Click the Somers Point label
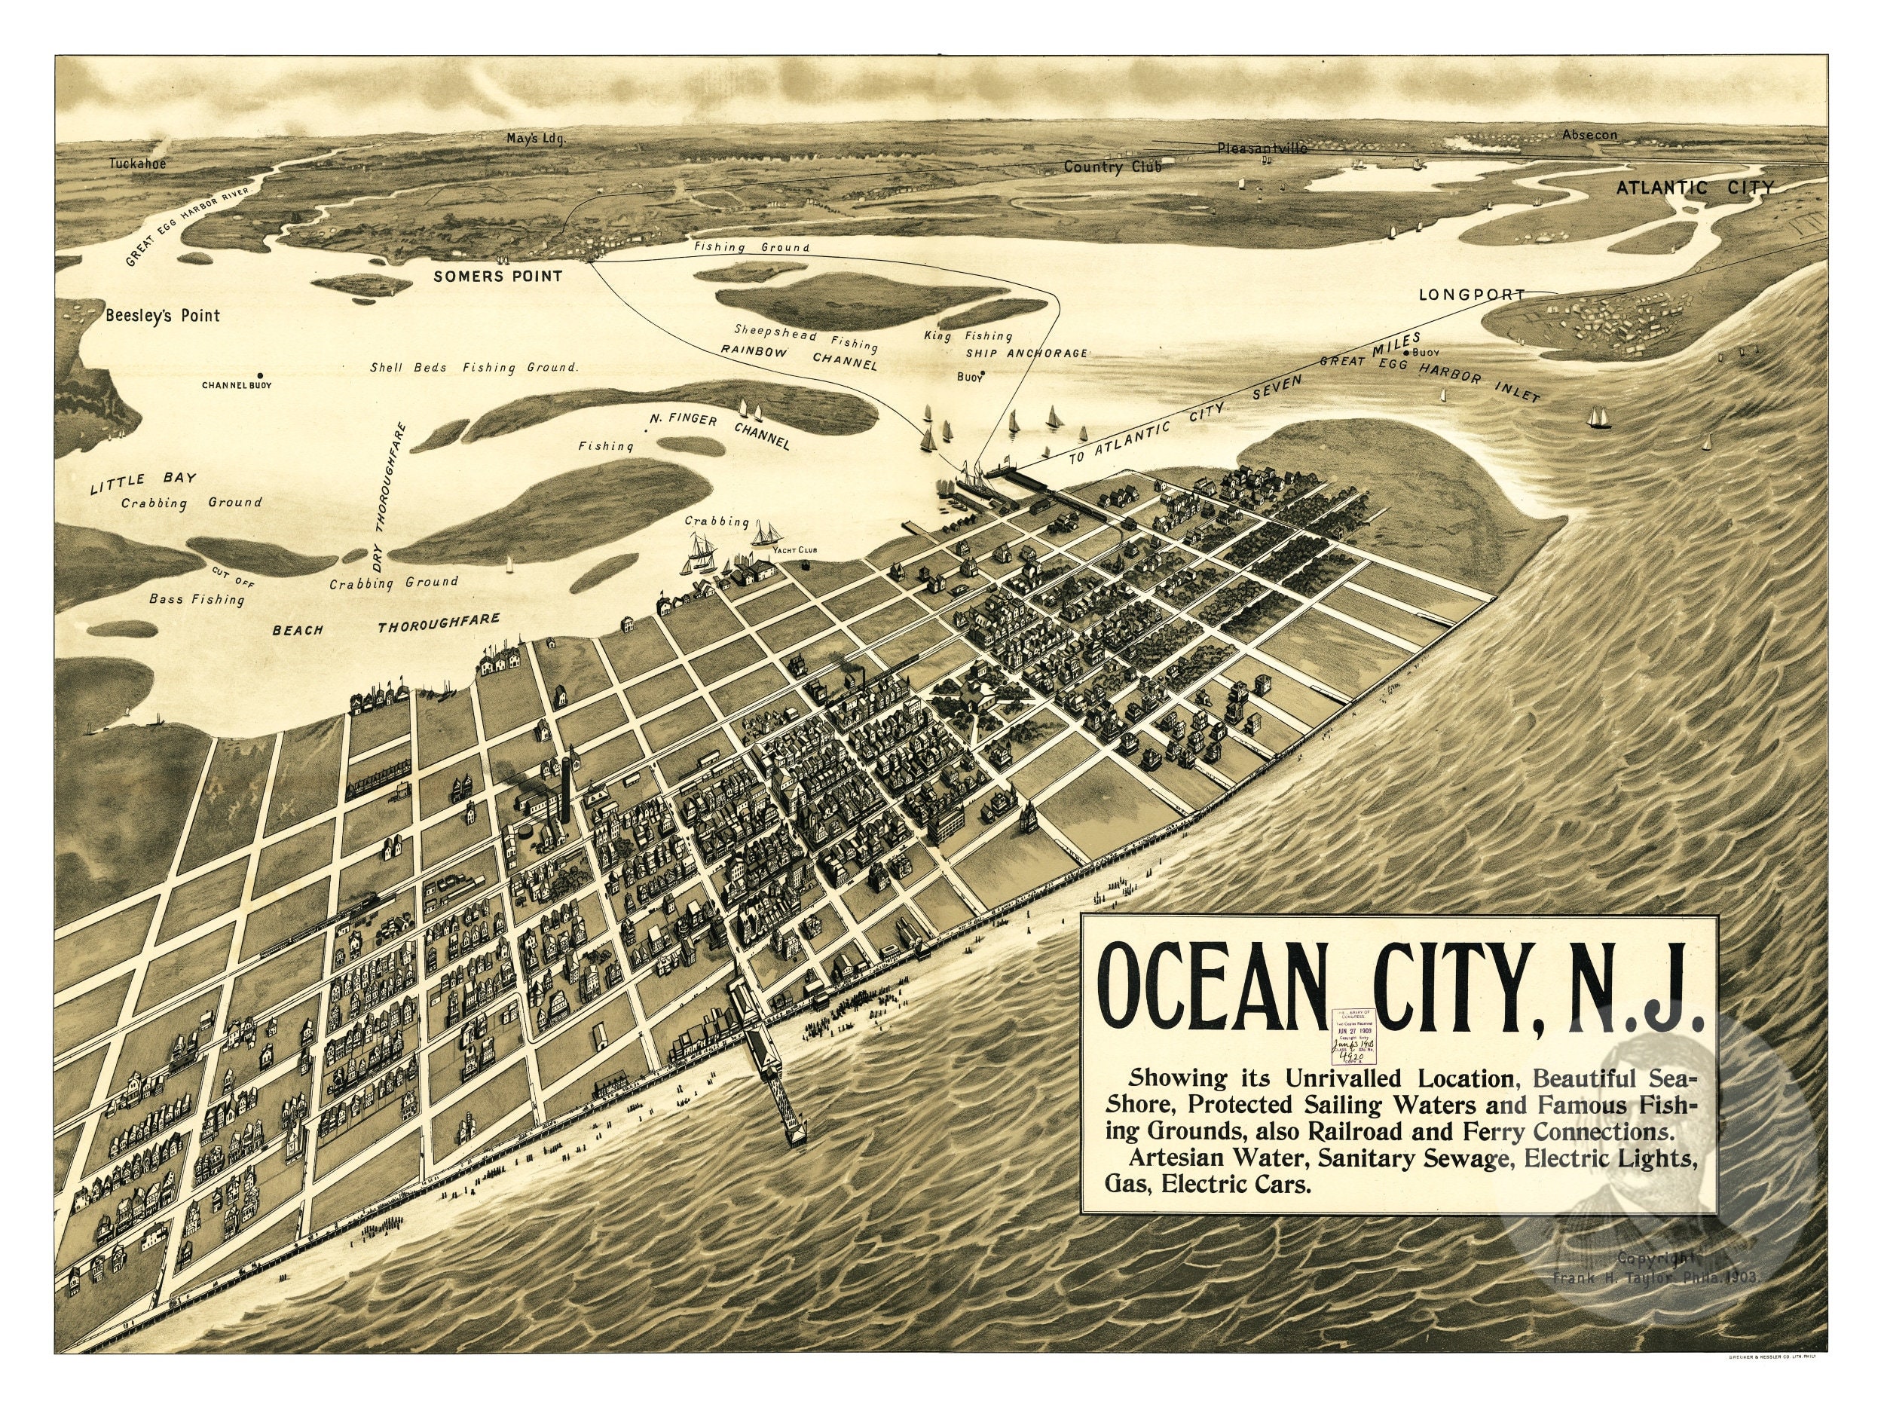coord(497,276)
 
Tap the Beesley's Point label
coord(163,316)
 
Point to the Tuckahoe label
coord(137,164)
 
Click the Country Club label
coord(1112,167)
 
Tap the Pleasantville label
coord(1262,148)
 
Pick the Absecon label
coord(1589,135)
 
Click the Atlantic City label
coord(1695,188)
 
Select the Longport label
coord(1471,295)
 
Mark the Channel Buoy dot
coord(259,375)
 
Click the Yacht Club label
coord(794,551)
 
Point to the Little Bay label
coord(143,483)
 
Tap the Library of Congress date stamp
coord(1356,1034)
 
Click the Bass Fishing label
coord(197,600)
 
